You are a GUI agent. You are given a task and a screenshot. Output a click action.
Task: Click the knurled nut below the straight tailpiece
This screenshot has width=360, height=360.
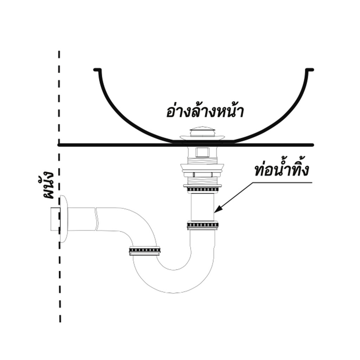(x=203, y=225)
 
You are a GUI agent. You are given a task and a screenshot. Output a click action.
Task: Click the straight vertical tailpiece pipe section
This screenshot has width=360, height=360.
(x=202, y=207)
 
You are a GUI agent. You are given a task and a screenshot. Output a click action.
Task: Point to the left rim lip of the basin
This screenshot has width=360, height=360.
(x=97, y=70)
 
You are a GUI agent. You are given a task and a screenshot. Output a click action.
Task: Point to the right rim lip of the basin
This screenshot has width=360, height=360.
(x=309, y=70)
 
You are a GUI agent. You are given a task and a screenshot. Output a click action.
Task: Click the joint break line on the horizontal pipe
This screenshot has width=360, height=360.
(x=97, y=219)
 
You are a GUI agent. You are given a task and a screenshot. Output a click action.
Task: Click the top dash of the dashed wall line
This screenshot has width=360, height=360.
(x=59, y=55)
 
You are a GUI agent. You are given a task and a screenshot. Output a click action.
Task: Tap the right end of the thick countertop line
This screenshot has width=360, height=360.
(x=313, y=145)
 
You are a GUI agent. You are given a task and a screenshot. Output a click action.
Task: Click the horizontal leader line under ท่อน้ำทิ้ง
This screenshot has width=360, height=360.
(x=282, y=182)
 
